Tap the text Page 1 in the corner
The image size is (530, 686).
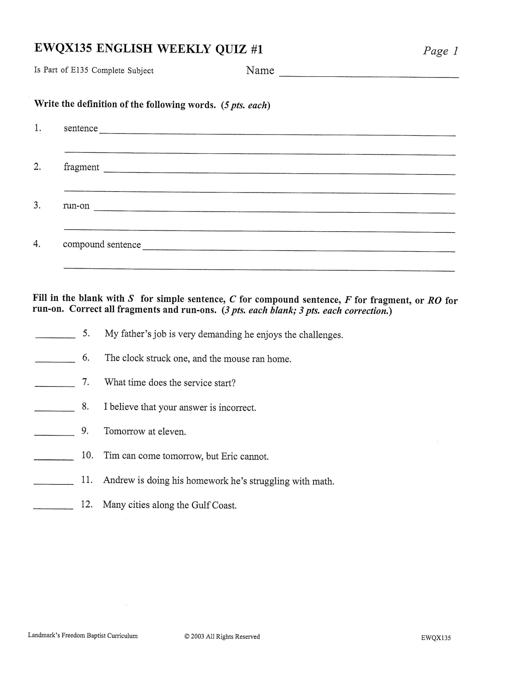click(x=440, y=51)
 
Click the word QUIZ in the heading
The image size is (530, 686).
click(x=231, y=49)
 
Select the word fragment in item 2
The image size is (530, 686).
click(x=81, y=167)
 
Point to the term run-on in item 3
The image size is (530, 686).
click(x=76, y=206)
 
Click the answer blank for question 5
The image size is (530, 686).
click(x=55, y=337)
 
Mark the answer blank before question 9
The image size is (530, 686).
click(x=54, y=435)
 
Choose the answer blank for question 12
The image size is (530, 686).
click(x=53, y=508)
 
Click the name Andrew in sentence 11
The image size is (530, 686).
click(x=119, y=480)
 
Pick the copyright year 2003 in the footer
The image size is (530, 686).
click(x=197, y=637)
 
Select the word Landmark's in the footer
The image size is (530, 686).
click(x=44, y=635)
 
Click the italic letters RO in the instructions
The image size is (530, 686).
click(x=435, y=300)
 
